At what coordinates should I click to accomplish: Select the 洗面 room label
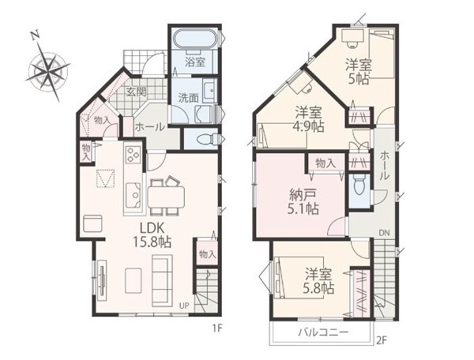pyautogui.click(x=188, y=98)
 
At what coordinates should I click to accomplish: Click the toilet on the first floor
pyautogui.click(x=207, y=139)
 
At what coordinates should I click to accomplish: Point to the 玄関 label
pyautogui.click(x=136, y=92)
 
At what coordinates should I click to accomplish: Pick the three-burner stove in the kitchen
pyautogui.click(x=133, y=154)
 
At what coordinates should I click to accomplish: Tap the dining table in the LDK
pyautogui.click(x=166, y=197)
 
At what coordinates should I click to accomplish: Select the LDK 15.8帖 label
pyautogui.click(x=152, y=234)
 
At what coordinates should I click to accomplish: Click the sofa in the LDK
pyautogui.click(x=162, y=280)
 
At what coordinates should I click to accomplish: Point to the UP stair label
pyautogui.click(x=184, y=306)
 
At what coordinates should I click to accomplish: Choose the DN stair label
pyautogui.click(x=384, y=233)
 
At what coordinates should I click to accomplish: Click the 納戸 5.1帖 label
pyautogui.click(x=303, y=201)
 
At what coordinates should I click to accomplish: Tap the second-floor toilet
pyautogui.click(x=359, y=186)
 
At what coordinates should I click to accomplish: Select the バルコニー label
pyautogui.click(x=323, y=332)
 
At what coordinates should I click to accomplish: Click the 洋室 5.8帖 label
pyautogui.click(x=318, y=281)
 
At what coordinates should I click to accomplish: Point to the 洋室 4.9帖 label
pyautogui.click(x=309, y=119)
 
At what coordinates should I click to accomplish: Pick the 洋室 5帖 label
pyautogui.click(x=359, y=71)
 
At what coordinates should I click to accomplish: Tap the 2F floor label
pyautogui.click(x=382, y=341)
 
